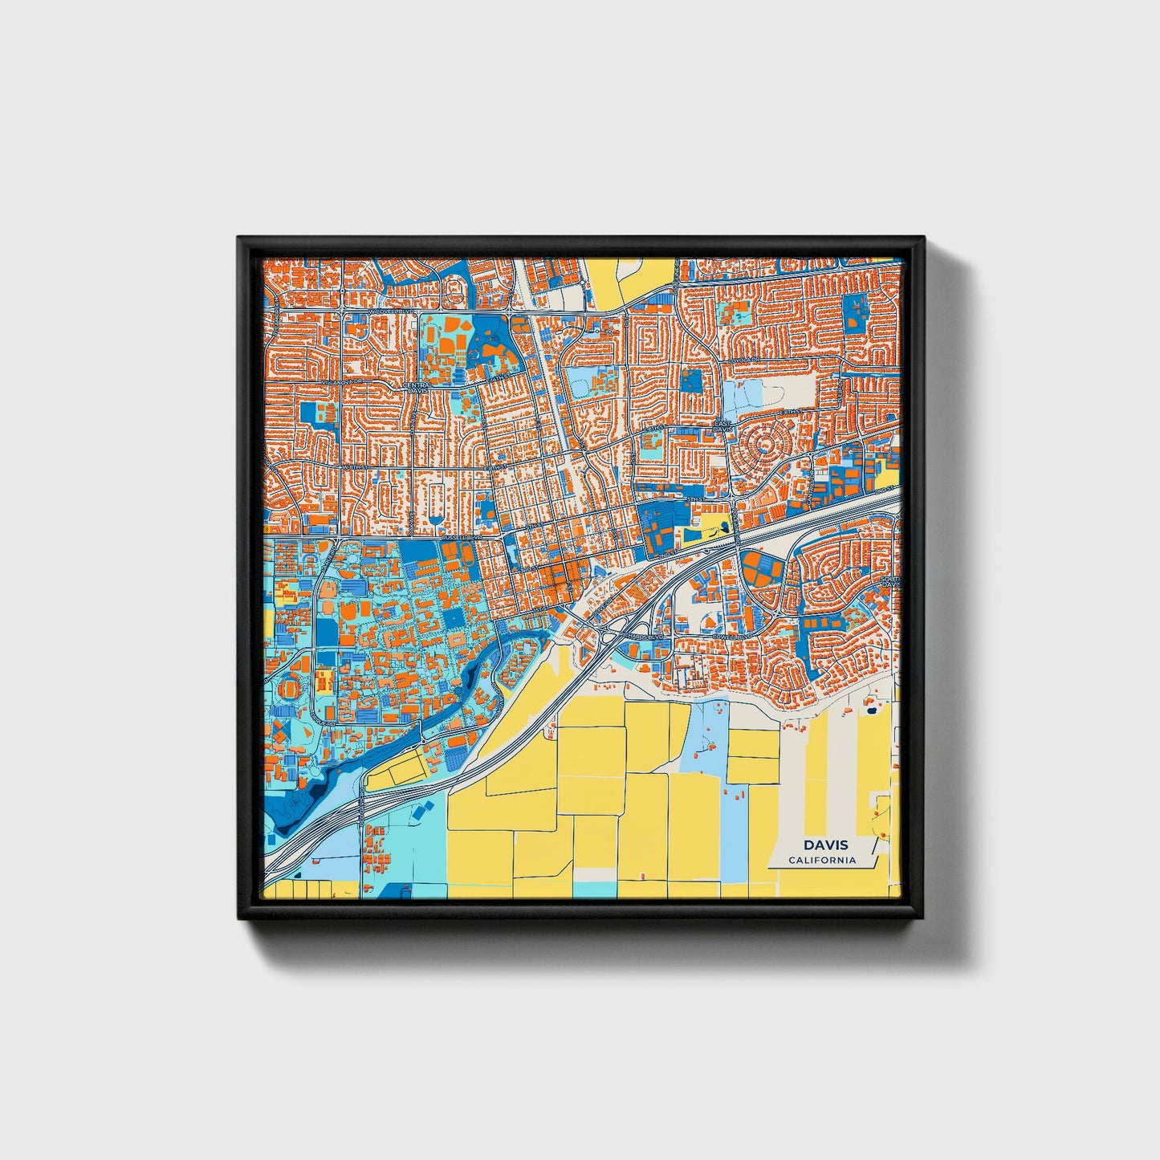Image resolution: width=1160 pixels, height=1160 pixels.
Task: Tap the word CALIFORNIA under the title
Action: coord(821,861)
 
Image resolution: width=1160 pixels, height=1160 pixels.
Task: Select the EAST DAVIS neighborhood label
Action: coord(724,426)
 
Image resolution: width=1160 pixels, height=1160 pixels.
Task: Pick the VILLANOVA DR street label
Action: coord(339,384)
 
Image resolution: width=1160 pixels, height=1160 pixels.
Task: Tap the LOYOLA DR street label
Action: coord(746,360)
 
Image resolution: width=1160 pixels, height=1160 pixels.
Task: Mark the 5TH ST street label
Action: coord(695,499)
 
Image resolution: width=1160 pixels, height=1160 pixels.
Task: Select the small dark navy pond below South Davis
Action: coord(871,710)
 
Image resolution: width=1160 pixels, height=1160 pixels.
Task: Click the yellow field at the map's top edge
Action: coord(630,281)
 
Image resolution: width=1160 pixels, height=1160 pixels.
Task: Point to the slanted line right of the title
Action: coord(876,861)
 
